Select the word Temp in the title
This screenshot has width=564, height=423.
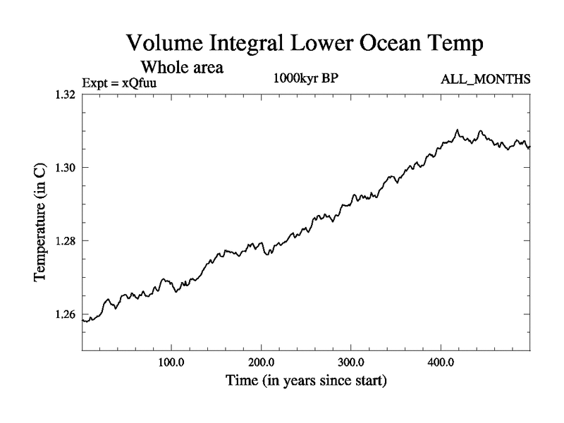[x=456, y=44]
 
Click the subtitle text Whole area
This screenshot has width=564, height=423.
[x=183, y=68]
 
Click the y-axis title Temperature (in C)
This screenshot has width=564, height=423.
[x=41, y=223]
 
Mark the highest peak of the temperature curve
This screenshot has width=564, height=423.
[x=457, y=130]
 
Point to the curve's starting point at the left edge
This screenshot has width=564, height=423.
[x=83, y=321]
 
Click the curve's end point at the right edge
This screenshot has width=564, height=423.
[x=529, y=147]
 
